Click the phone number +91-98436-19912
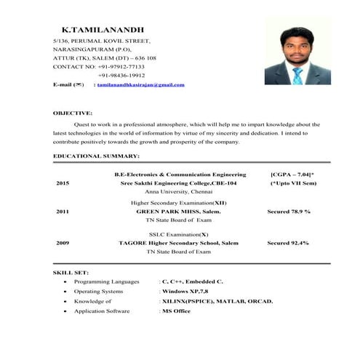121,75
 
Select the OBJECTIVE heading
72,113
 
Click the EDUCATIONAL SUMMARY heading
96,156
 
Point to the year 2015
63,183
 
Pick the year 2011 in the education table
63,211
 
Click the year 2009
63,242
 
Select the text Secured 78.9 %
289,211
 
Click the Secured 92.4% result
288,242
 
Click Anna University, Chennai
178,191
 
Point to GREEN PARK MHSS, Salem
178,211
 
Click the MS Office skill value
176,311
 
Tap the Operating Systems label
100,290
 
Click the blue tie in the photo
297,75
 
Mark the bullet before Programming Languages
66,281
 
